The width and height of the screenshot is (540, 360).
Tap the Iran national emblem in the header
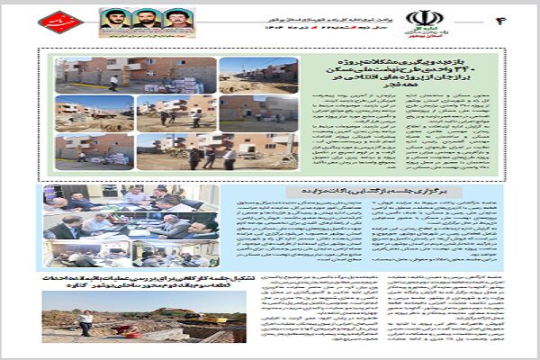click(418, 17)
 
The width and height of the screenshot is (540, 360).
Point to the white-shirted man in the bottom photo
click(86, 323)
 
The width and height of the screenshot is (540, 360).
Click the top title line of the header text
click(269, 11)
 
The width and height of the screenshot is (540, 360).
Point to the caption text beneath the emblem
click(418, 32)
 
